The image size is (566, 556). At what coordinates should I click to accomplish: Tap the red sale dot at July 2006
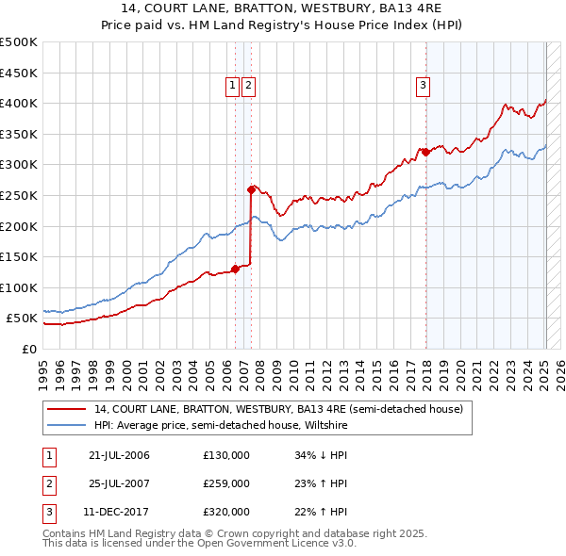(x=235, y=269)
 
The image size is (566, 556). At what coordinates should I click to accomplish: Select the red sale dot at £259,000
(x=251, y=189)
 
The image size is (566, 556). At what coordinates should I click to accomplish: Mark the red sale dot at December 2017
(x=425, y=152)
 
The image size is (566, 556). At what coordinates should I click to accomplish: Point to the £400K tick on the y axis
(x=20, y=104)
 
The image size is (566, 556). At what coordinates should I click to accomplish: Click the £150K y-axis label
(x=20, y=256)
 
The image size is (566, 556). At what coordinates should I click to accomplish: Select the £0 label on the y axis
(x=29, y=349)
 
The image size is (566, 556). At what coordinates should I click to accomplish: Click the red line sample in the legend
(x=68, y=410)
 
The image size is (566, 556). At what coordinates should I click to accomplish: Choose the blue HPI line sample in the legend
(x=68, y=425)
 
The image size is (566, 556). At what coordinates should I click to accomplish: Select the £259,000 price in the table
(x=226, y=483)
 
